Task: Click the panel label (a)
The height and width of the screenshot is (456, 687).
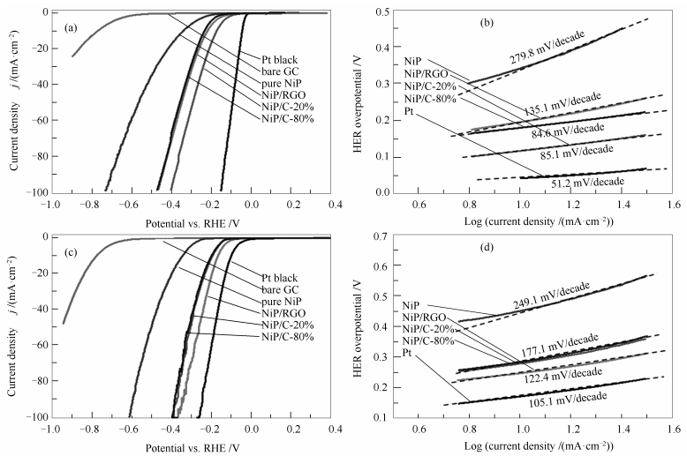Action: [x=75, y=28]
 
